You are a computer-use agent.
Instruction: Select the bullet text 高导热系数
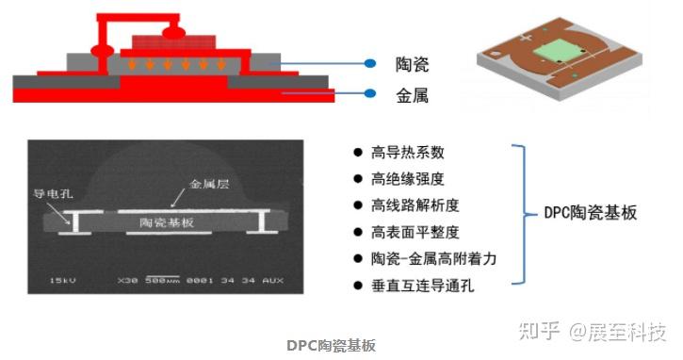(407, 153)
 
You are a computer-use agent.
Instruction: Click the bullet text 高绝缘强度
(407, 178)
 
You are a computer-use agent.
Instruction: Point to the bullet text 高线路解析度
(415, 205)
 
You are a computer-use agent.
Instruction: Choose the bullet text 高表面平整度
(415, 231)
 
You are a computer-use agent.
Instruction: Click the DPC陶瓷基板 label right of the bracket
(592, 213)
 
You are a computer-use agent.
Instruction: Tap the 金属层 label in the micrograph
(209, 185)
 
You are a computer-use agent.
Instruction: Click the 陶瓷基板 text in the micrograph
(167, 222)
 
